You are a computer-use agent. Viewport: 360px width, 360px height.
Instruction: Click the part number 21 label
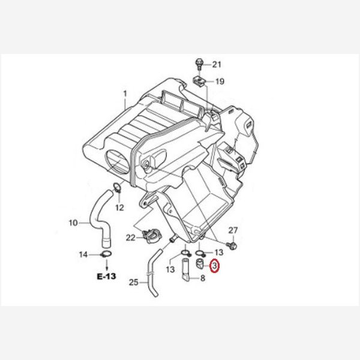pyautogui.click(x=217, y=65)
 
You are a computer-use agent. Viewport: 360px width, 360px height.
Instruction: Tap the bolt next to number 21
pyautogui.click(x=199, y=64)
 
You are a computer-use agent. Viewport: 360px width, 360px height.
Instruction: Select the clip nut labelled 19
pyautogui.click(x=199, y=82)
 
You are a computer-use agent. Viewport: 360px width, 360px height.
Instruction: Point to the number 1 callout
pyautogui.click(x=125, y=94)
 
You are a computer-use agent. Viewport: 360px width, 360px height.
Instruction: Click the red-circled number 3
pyautogui.click(x=215, y=266)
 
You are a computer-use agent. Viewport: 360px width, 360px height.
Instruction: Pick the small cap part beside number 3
pyautogui.click(x=199, y=263)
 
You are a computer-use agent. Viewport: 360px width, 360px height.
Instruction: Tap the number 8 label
pyautogui.click(x=203, y=278)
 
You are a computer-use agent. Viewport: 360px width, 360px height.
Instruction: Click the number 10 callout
pyautogui.click(x=73, y=223)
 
